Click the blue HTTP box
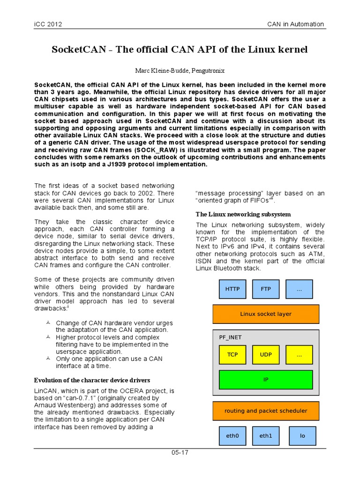click(232, 289)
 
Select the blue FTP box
click(266, 289)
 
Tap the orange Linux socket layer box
click(266, 314)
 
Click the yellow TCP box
click(232, 355)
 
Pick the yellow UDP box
click(266, 355)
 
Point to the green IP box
click(266, 380)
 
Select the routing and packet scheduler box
click(266, 411)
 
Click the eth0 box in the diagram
click(232, 435)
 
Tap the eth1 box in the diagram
click(266, 435)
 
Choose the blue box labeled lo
click(302, 435)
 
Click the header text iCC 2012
click(48, 24)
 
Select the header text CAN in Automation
click(295, 24)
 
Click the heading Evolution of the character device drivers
click(92, 379)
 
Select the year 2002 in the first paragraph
click(146, 193)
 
